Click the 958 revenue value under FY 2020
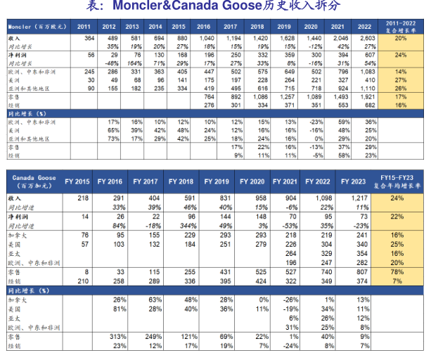[x=258, y=199]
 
